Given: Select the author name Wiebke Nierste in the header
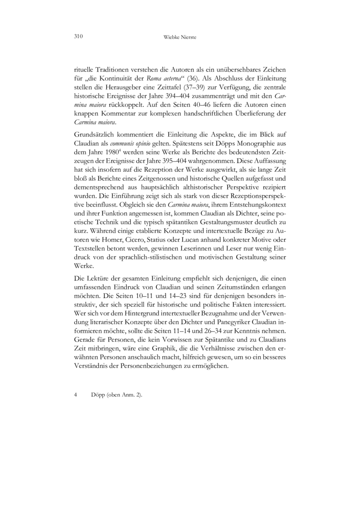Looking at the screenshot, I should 180,37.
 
